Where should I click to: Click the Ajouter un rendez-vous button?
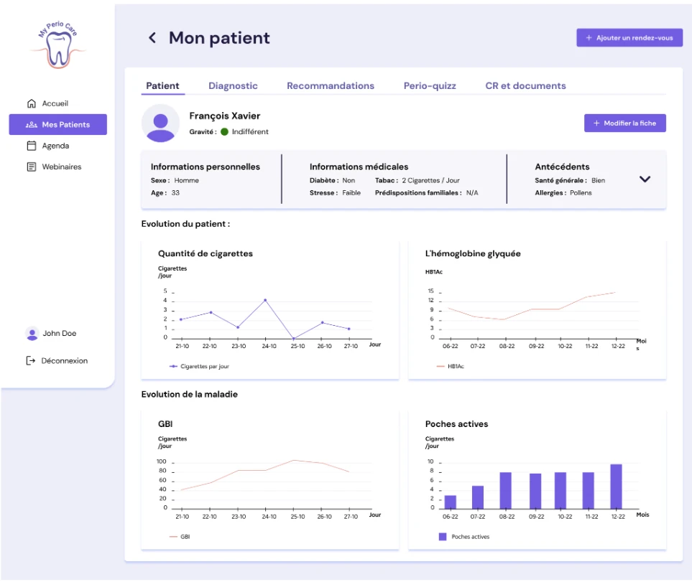(x=629, y=38)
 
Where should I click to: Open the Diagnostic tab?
(x=233, y=86)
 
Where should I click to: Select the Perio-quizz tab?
(x=430, y=86)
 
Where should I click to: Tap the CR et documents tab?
(x=525, y=86)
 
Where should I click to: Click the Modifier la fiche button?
(x=625, y=123)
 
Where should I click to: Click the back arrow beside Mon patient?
(x=152, y=38)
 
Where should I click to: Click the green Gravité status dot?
(x=224, y=132)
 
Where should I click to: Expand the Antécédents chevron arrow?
(x=645, y=179)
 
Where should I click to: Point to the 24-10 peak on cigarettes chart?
(x=265, y=300)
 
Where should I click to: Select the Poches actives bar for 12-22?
(x=616, y=487)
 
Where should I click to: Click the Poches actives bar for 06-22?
(x=450, y=502)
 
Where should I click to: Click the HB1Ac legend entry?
(x=450, y=366)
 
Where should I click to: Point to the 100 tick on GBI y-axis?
(x=162, y=461)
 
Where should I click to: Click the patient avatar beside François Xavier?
(x=161, y=123)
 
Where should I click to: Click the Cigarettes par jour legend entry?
(x=199, y=366)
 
